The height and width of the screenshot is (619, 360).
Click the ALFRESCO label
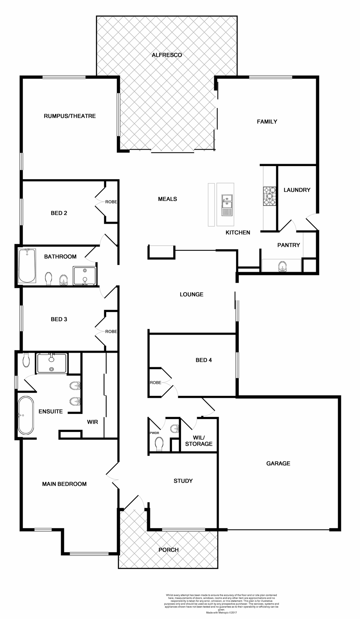pyautogui.click(x=167, y=55)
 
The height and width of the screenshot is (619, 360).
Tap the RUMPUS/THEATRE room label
pyautogui.click(x=70, y=116)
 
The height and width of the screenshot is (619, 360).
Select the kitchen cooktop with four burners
pyautogui.click(x=270, y=196)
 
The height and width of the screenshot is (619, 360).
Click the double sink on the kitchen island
pyautogui.click(x=227, y=201)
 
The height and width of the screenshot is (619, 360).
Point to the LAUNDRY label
pyautogui.click(x=297, y=190)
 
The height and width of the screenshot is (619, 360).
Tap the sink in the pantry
pyautogui.click(x=283, y=267)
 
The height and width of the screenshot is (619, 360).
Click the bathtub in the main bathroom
pyautogui.click(x=27, y=265)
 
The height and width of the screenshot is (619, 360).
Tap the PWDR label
pyautogui.click(x=154, y=433)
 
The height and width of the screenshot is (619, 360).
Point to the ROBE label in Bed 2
pyautogui.click(x=111, y=202)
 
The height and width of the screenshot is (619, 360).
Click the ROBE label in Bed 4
pyautogui.click(x=155, y=383)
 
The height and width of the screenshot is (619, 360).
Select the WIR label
pyautogui.click(x=92, y=422)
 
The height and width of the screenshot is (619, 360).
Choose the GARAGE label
pyautogui.click(x=278, y=464)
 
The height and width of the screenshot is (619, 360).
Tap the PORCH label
pyautogui.click(x=168, y=550)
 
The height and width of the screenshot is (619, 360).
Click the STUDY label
pyautogui.click(x=183, y=481)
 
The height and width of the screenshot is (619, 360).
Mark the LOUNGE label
pyautogui.click(x=191, y=294)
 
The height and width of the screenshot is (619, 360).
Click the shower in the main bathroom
pyautogui.click(x=85, y=276)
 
